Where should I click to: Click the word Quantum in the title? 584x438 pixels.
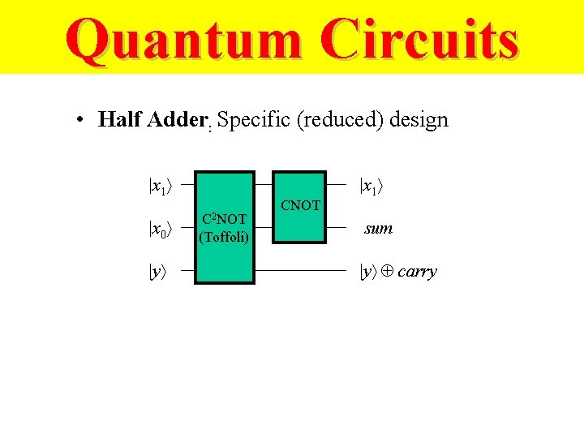(x=183, y=41)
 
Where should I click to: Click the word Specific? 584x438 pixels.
(x=254, y=120)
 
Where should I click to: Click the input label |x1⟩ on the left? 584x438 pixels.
(x=159, y=186)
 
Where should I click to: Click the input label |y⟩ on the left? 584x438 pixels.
(x=157, y=272)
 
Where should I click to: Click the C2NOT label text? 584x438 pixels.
(x=223, y=219)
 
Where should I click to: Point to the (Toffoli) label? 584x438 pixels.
(x=223, y=236)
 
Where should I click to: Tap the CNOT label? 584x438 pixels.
(x=300, y=205)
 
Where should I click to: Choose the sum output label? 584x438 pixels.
(x=379, y=229)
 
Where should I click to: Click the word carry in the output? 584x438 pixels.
(x=418, y=272)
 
